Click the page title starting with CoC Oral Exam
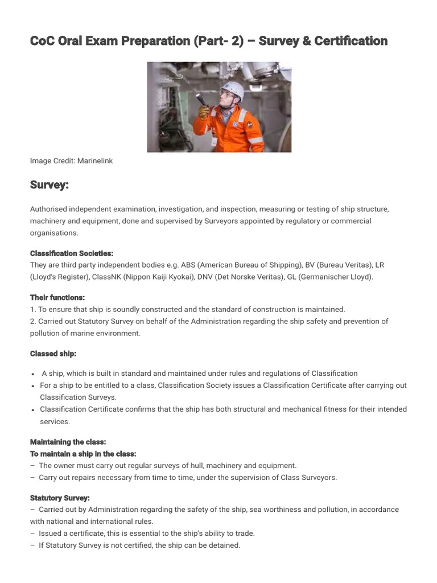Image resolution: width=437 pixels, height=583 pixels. pos(209,41)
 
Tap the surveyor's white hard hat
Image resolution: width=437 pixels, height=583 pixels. pos(234,91)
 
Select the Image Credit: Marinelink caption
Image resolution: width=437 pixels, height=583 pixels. pos(71,161)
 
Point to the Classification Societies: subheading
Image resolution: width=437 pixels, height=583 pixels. pos(71,253)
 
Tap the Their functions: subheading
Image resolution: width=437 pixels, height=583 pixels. pos(57,297)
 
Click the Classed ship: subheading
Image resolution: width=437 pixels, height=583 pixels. pos(53,354)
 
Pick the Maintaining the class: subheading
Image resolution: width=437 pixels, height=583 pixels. pos(68,442)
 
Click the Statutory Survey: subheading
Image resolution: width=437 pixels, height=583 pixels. pos(60,498)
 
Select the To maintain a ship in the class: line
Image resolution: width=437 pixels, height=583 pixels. pos(83,454)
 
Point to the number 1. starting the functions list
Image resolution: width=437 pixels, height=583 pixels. pos(33,309)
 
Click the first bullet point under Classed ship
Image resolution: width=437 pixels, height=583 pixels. pos(34,374)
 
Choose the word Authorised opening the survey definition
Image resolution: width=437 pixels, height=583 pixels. pos(50,209)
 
